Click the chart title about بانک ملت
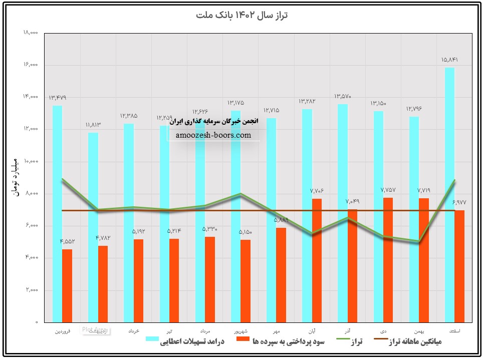pyautogui.click(x=241, y=15)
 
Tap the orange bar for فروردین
pyautogui.click(x=67, y=285)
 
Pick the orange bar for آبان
pyautogui.click(x=317, y=260)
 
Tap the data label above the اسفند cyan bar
pyautogui.click(x=449, y=60)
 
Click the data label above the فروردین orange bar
pyautogui.click(x=68, y=241)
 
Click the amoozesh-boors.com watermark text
pyautogui.click(x=214, y=135)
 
